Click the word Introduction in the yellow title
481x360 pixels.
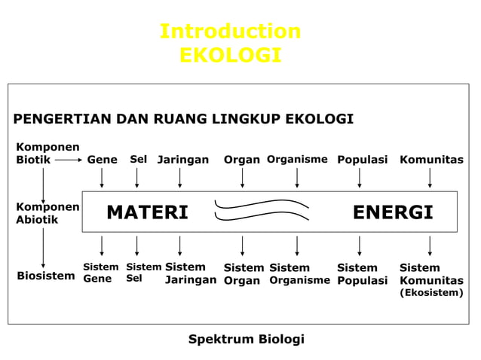[230, 32]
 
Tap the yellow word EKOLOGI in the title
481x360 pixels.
[230, 56]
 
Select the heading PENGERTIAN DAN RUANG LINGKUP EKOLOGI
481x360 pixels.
[183, 120]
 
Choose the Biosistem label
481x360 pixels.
[46, 275]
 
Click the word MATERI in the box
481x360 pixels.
[147, 213]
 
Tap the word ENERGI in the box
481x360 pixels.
[393, 213]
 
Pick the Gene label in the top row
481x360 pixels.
[102, 160]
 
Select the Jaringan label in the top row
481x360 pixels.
[183, 160]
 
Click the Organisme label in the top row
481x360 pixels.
[297, 160]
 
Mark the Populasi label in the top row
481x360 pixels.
[362, 160]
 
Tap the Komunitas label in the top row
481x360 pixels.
[431, 160]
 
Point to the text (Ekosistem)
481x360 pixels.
[431, 293]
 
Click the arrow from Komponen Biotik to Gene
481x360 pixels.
[68, 160]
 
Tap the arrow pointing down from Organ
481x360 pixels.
[242, 178]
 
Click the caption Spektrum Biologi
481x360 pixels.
[246, 339]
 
